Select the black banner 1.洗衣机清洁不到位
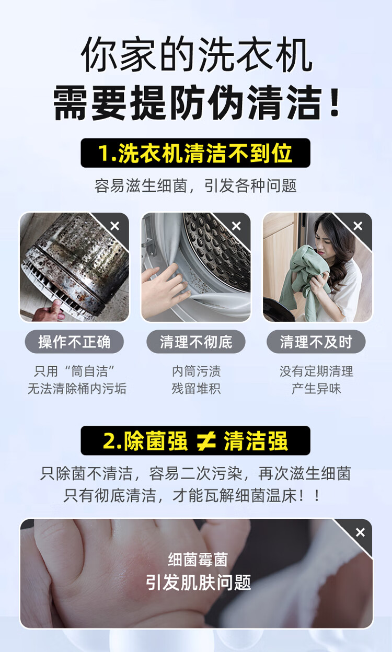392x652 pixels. coord(195,153)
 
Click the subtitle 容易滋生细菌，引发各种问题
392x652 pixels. coord(195,185)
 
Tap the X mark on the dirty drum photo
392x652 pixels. coord(115,226)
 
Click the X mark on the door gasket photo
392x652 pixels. coord(236,226)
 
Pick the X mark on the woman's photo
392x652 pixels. coord(358,226)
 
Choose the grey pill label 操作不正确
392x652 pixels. coord(74,342)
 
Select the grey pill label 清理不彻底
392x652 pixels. coord(196,342)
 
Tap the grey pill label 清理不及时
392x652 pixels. coord(316,342)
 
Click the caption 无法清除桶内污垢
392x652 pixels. coord(77,389)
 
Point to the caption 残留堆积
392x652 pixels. coord(196,389)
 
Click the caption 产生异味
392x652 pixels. coord(316,389)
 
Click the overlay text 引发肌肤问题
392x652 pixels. coord(198,582)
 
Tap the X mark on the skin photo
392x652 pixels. coord(360,532)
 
